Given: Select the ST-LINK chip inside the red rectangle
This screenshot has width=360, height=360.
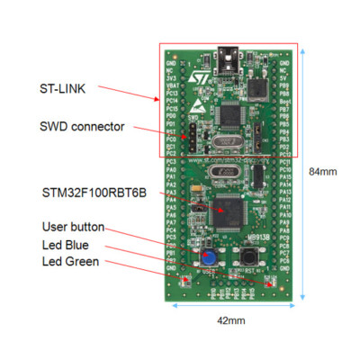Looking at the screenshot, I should click(x=231, y=117).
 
